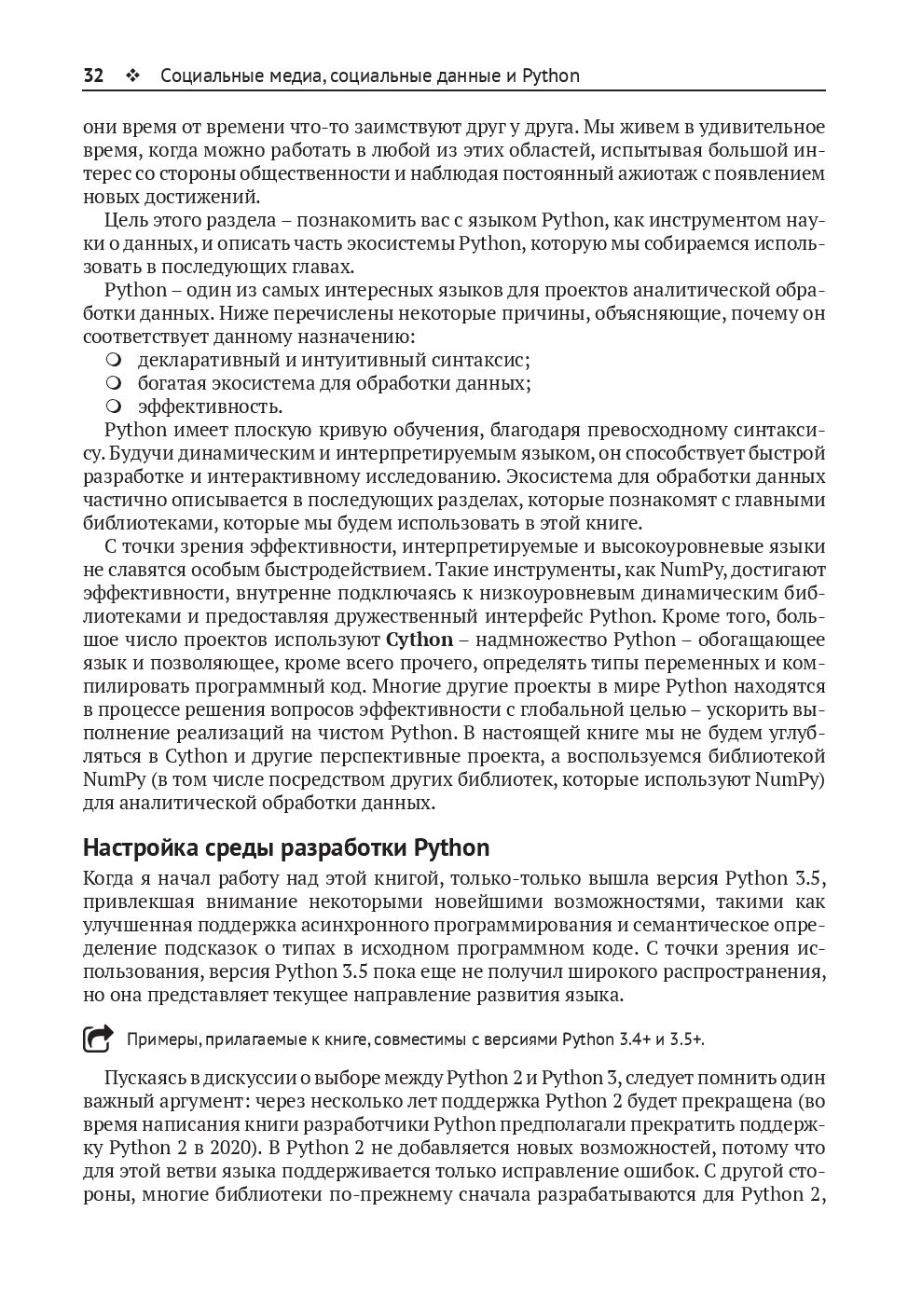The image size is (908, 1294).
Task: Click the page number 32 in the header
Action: click(93, 76)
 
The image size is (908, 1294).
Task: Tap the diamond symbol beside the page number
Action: click(131, 76)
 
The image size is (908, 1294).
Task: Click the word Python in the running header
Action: click(550, 76)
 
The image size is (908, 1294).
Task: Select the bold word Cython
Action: click(419, 640)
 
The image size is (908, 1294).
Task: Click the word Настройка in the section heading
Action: click(139, 848)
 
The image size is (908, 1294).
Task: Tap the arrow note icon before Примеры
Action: click(97, 1039)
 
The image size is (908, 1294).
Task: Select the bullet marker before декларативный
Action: click(114, 360)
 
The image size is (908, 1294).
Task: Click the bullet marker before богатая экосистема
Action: click(114, 383)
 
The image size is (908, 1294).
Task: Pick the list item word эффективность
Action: click(210, 406)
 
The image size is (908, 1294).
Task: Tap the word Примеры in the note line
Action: click(158, 1039)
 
